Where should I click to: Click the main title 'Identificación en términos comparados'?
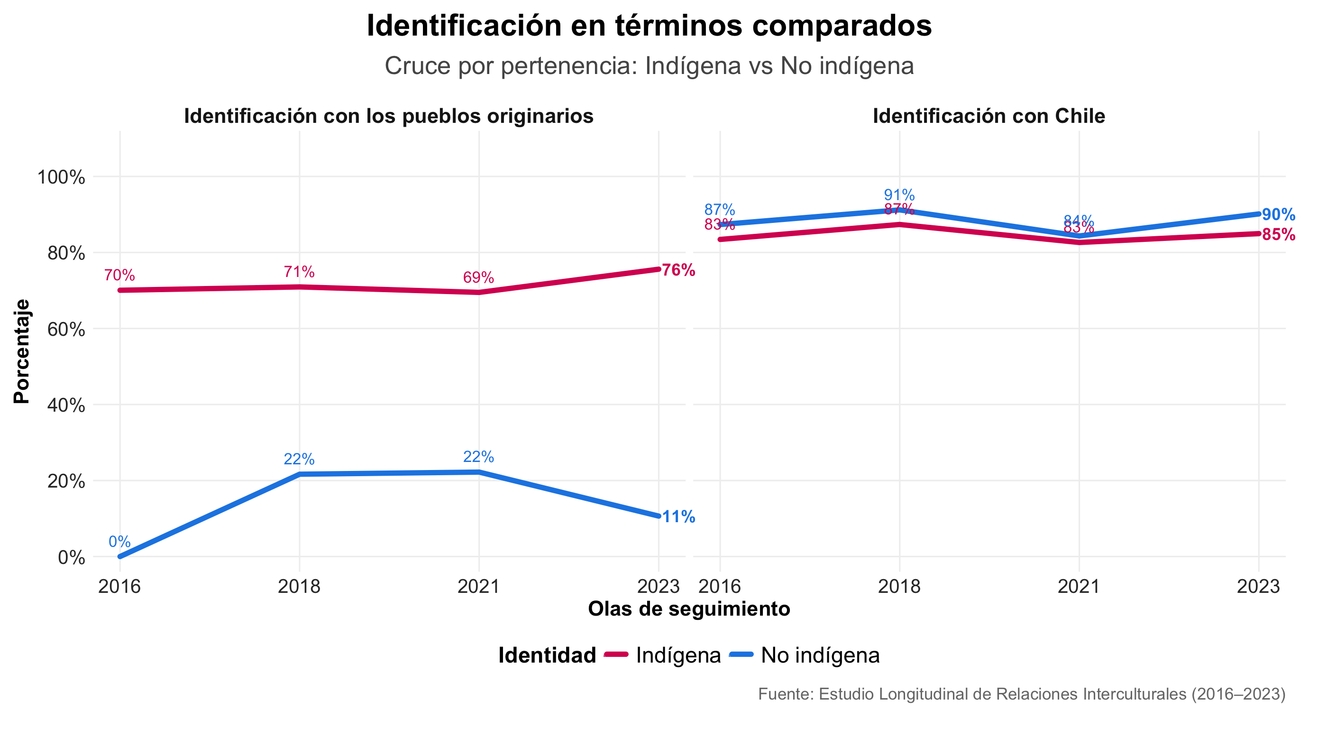point(649,26)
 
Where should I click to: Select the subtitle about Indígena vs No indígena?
point(649,66)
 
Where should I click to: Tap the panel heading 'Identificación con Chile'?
point(988,116)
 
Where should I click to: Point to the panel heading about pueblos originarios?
point(388,116)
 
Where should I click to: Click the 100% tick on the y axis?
point(61,177)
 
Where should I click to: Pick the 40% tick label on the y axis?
point(66,405)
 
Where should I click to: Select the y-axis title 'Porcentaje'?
point(22,351)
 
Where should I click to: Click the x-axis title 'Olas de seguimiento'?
point(689,609)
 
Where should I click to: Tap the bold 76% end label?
point(678,270)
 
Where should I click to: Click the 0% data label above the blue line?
point(119,542)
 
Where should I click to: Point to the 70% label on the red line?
point(119,275)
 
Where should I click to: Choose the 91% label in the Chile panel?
point(899,195)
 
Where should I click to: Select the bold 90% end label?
point(1278,214)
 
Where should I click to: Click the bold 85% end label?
point(1278,234)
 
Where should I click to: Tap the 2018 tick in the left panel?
point(299,586)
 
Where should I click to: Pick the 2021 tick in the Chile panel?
point(1079,586)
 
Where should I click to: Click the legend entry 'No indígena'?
point(820,655)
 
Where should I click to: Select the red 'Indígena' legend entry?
point(678,655)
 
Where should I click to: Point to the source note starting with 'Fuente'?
point(1022,694)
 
